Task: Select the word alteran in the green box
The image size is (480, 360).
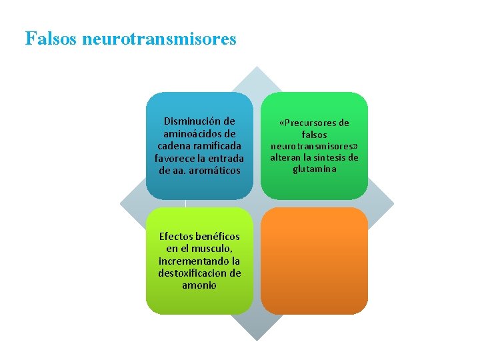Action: [285, 158]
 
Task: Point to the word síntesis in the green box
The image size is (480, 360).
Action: [328, 158]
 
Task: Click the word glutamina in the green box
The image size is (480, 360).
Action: [314, 169]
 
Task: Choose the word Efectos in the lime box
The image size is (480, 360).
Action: [177, 237]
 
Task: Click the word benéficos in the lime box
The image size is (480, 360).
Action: [218, 237]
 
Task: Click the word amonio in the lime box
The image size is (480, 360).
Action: [199, 285]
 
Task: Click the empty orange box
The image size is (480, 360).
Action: [314, 261]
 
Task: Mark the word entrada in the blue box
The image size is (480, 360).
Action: [226, 159]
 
